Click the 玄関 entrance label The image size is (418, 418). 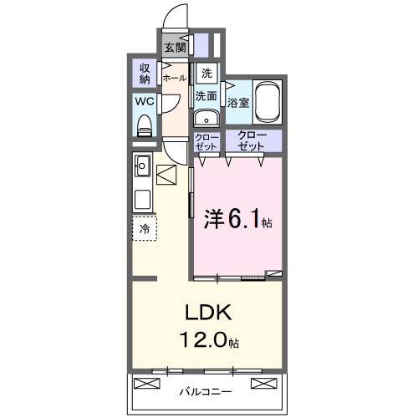point(174,47)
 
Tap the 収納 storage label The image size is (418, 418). point(145,73)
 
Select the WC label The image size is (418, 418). point(144,102)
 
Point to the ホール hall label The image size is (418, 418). point(174,78)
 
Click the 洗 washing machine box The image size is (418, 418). point(206,73)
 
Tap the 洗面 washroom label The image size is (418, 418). point(206,96)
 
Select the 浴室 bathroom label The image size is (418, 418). point(238,103)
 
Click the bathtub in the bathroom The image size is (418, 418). point(268,102)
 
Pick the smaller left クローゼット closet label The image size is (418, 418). point(206,140)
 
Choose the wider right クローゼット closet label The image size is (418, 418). point(252,140)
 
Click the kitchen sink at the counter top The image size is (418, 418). point(141,165)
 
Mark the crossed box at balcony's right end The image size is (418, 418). point(265,384)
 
